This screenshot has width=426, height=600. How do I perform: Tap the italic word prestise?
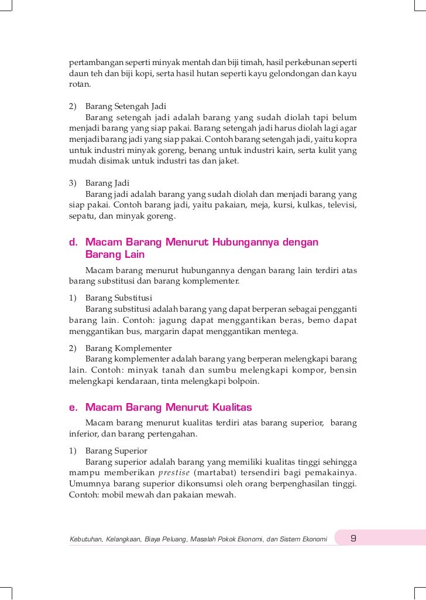173,473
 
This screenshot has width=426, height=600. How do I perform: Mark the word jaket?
229,161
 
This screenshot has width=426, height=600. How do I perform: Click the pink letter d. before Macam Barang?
73,243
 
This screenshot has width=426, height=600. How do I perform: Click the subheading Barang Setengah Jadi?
126,106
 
